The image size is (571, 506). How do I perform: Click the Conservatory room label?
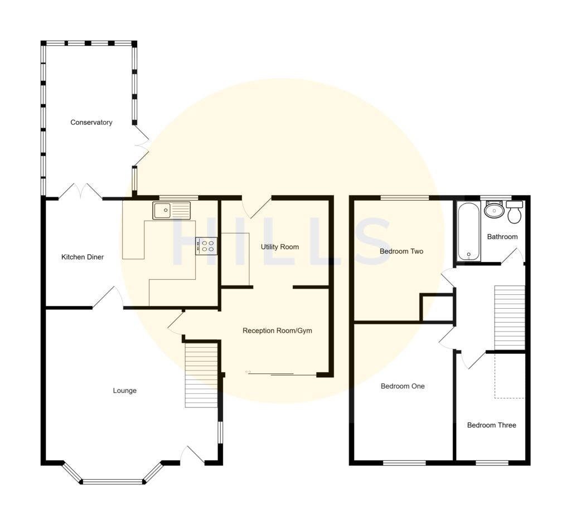tap(91, 123)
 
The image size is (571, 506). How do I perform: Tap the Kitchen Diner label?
tap(83, 257)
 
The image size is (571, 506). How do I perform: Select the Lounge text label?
tap(124, 391)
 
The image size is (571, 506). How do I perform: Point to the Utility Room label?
tap(280, 247)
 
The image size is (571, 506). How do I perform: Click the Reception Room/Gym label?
tap(277, 330)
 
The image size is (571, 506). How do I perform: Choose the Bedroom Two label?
tap(401, 251)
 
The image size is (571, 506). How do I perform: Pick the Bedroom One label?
tap(403, 386)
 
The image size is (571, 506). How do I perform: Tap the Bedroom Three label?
tap(491, 425)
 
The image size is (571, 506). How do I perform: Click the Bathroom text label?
tap(502, 237)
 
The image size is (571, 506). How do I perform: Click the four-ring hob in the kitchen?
tap(206, 246)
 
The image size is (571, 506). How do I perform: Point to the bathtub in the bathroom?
tap(469, 232)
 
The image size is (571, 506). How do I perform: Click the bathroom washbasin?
tap(493, 211)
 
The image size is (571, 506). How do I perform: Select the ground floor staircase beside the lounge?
tap(201, 375)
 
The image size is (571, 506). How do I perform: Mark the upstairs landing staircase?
tap(509, 317)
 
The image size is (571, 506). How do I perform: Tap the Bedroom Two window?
tap(405, 197)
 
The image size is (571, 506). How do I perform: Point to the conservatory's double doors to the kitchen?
tap(81, 191)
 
